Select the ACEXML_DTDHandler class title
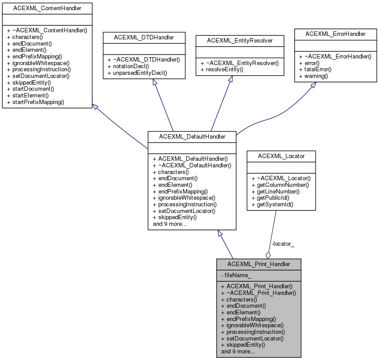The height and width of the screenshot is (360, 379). [x=144, y=38]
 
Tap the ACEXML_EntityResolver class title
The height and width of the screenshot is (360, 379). [x=239, y=40]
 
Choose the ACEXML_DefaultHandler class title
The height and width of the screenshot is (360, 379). [x=192, y=137]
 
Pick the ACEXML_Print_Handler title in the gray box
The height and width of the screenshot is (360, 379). [x=259, y=264]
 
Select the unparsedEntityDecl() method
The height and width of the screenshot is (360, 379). [x=140, y=72]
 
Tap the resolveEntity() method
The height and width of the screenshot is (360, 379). [x=225, y=70]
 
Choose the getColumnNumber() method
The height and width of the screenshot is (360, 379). [x=280, y=185]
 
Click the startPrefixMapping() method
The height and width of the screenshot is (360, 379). [x=35, y=102]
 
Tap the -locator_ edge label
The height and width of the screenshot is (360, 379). [x=283, y=244]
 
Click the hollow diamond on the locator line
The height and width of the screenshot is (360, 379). [x=268, y=255]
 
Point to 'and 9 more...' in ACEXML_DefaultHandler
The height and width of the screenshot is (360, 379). [x=170, y=224]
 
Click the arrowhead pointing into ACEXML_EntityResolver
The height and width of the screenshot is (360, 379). [x=231, y=78]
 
